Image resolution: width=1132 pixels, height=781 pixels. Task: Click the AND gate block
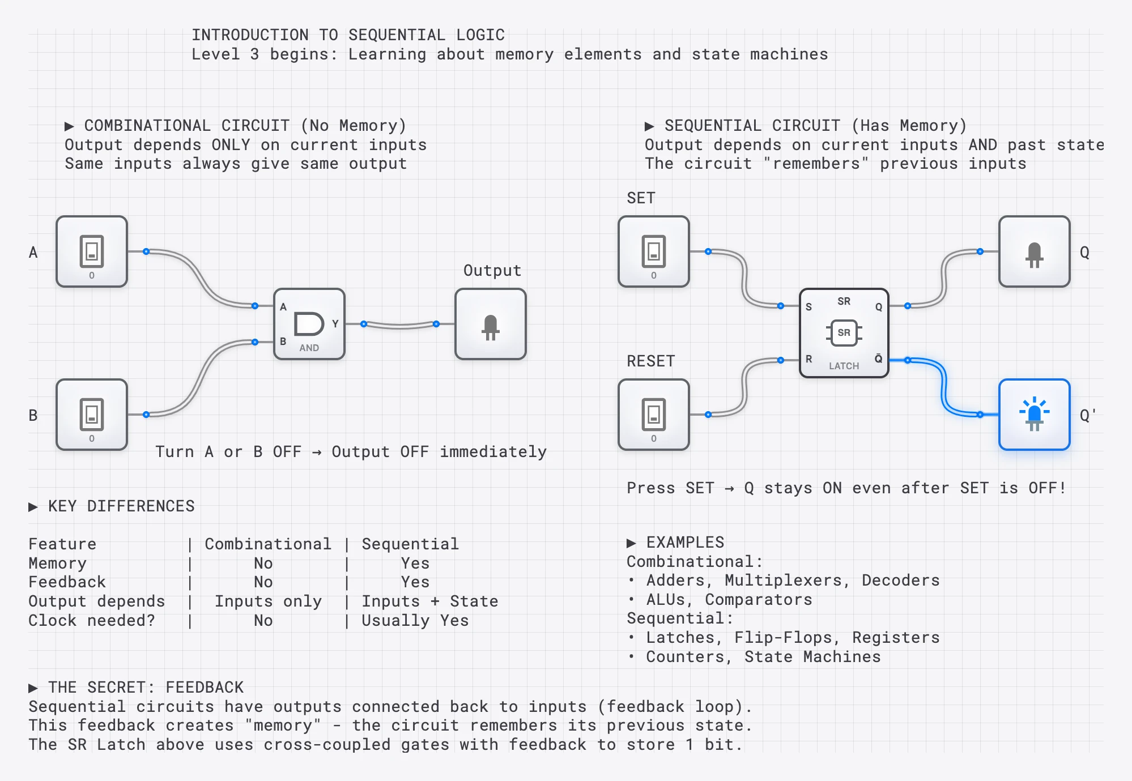click(309, 324)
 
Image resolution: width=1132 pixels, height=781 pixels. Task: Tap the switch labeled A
click(92, 251)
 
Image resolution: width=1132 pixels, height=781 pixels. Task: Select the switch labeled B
click(92, 415)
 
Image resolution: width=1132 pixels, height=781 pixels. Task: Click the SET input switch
click(653, 251)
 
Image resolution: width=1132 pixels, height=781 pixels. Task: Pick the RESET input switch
click(653, 415)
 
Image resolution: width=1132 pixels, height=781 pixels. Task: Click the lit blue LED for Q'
click(1034, 415)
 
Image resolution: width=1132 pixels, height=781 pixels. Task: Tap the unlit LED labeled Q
click(1034, 251)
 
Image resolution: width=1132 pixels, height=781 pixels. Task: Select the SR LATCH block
click(844, 333)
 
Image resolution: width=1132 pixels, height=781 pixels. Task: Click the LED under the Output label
click(490, 324)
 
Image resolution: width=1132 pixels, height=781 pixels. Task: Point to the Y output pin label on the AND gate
click(335, 323)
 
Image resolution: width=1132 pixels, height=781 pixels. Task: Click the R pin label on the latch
click(808, 359)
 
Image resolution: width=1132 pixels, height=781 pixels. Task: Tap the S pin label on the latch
click(808, 307)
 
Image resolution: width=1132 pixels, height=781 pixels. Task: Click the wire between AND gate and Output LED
click(400, 326)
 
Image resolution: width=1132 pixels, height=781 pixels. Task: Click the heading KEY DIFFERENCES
click(121, 506)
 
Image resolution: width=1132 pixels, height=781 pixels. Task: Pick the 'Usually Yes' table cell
click(415, 620)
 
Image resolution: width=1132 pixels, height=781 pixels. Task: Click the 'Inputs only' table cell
click(267, 601)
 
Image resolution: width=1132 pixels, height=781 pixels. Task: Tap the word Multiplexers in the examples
click(787, 580)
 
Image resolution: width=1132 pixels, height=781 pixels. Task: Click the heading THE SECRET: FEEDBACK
click(145, 687)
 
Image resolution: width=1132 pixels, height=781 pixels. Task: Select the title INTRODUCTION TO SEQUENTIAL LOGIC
click(347, 35)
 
